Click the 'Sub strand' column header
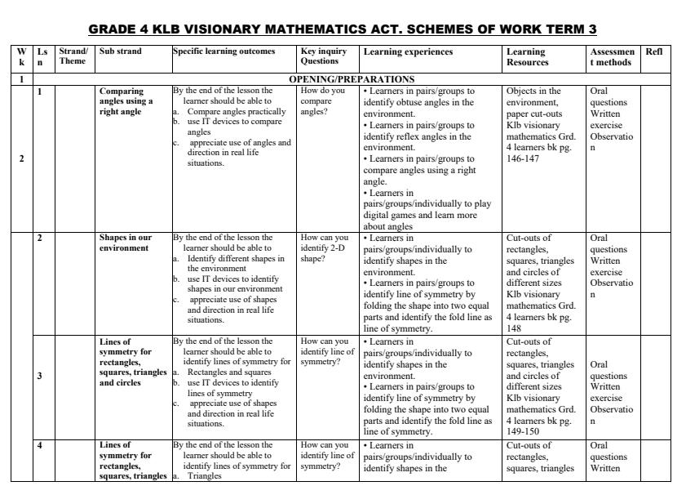(120, 51)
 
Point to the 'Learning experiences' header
(408, 51)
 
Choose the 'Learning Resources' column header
(527, 56)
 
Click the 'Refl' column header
(653, 51)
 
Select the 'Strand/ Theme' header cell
(73, 56)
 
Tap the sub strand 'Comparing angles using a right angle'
(126, 101)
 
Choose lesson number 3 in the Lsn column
(40, 376)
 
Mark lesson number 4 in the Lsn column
(38, 445)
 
